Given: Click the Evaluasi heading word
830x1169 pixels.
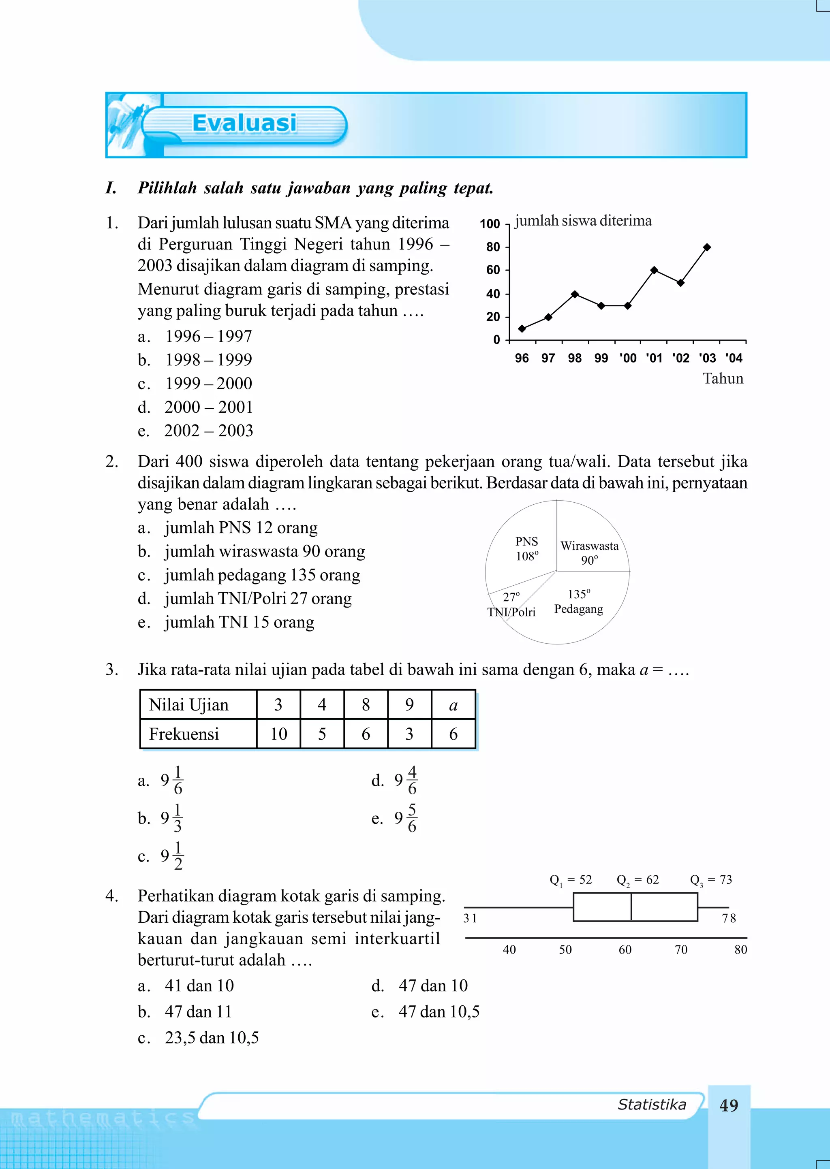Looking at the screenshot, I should coord(244,124).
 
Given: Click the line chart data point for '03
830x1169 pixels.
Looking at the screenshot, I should coord(707,247).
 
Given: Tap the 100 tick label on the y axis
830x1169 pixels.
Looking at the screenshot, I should coord(490,224).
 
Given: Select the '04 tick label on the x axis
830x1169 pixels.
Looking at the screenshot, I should coord(734,358).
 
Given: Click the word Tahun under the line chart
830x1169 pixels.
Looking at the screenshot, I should coord(723,378).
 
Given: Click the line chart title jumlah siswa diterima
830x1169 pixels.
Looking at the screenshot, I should coord(583,221).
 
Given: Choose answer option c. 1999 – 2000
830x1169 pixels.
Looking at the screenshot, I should coord(209,383).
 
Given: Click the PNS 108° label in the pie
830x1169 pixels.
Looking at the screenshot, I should coord(527,548).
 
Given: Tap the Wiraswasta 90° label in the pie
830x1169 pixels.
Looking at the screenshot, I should coord(589,552).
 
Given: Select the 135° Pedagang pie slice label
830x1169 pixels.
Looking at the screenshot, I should coord(579,602).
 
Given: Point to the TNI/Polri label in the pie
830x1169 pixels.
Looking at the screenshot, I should coord(511,612).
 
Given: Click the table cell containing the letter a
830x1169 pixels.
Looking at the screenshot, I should coord(453,705).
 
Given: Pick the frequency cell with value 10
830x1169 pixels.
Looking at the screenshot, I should coord(278,734).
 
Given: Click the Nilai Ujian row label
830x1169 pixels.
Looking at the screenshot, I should coord(188,705).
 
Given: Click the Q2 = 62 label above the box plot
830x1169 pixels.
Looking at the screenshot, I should coord(637,880).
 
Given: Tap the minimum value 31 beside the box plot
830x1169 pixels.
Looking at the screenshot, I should coord(470,918).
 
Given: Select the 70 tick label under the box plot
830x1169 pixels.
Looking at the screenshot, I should coord(681,950).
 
